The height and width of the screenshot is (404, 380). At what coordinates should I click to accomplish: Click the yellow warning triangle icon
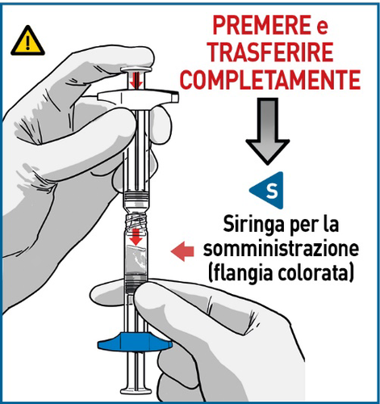[x=29, y=40]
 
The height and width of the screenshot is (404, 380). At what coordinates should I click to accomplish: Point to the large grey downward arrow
[x=267, y=133]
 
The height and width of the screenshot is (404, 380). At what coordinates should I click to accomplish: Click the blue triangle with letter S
[x=268, y=191]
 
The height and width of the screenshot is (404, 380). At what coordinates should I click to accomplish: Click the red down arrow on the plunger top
[x=136, y=79]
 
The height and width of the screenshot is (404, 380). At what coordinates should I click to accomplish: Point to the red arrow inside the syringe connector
[x=137, y=237]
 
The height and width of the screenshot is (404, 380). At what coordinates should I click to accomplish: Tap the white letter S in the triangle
[x=271, y=191]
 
